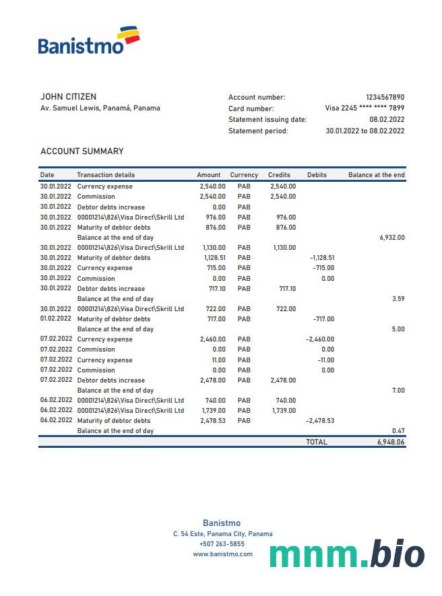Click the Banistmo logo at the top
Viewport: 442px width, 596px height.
(x=89, y=41)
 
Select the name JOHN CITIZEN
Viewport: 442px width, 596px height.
(x=68, y=97)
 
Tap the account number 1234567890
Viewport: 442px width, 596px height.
(x=385, y=98)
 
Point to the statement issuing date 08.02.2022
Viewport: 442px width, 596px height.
(x=387, y=120)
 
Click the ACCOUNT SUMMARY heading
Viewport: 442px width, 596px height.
(x=82, y=152)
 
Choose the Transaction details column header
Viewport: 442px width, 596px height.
(x=106, y=175)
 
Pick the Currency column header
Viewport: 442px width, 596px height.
(x=244, y=175)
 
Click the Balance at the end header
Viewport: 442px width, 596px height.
(x=376, y=175)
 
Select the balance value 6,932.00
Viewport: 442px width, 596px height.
(x=392, y=238)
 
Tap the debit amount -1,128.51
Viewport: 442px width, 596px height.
(x=322, y=258)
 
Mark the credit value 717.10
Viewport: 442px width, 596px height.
(x=287, y=288)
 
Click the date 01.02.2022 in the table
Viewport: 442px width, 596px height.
(x=56, y=319)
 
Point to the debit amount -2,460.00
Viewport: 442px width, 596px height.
(x=320, y=339)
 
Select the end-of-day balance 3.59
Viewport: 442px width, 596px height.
(x=398, y=298)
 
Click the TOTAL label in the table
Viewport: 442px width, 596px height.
(x=317, y=442)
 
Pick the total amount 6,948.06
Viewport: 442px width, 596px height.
(x=391, y=442)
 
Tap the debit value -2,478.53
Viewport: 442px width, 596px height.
(x=320, y=421)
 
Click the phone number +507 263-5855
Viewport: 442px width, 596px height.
(x=222, y=544)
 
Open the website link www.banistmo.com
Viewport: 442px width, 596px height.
(x=222, y=554)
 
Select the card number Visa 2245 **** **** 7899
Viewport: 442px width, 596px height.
(x=365, y=108)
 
